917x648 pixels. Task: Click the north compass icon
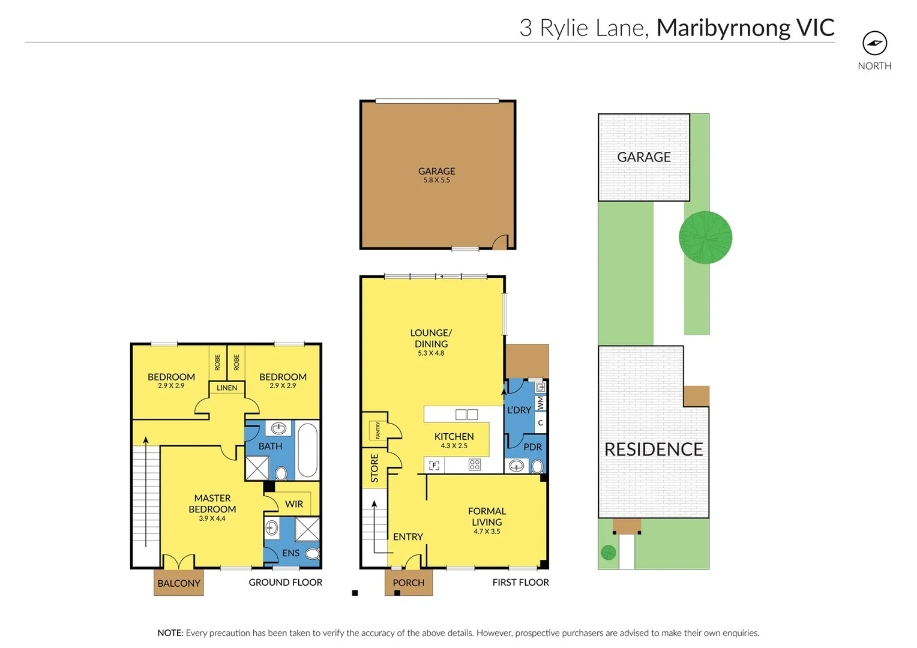[874, 43]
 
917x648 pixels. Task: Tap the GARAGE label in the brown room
[436, 172]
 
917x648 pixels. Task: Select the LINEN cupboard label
[227, 388]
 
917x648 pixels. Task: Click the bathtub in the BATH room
[307, 450]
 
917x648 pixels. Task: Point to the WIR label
[294, 504]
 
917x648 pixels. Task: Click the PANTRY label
[377, 430]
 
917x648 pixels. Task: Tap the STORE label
[374, 468]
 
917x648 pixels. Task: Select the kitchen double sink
[466, 415]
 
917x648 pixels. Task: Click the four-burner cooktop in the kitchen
[475, 465]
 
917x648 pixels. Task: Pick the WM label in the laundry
[541, 403]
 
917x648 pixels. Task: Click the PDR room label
[532, 447]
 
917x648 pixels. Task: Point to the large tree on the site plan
[705, 238]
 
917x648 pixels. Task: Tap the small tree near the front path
[609, 552]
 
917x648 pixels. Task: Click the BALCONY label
[179, 583]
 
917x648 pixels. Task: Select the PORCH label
[409, 583]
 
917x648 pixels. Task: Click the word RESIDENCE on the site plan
[654, 449]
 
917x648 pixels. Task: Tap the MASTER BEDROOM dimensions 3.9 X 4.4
[212, 518]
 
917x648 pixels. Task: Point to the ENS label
[290, 553]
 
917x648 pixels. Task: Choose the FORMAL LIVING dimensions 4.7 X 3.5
[487, 532]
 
